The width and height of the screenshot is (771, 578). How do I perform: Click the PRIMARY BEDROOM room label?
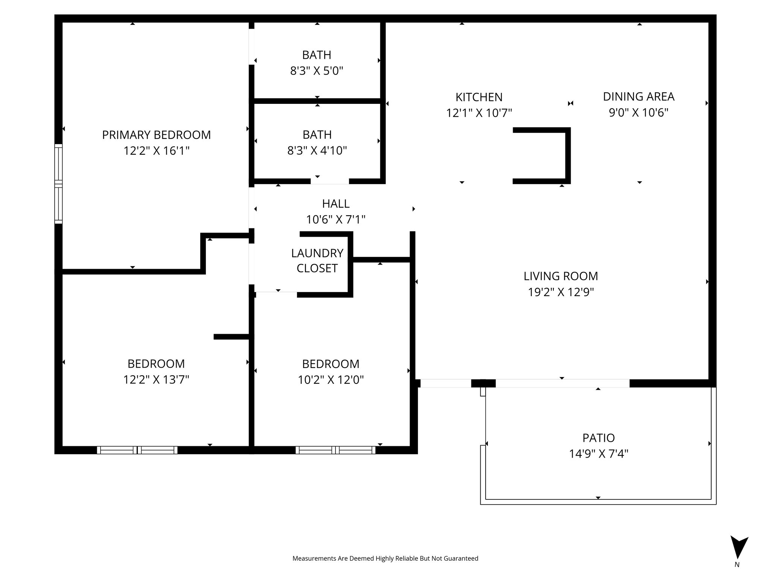(156, 135)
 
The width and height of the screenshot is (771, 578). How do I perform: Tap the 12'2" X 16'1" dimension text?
(156, 151)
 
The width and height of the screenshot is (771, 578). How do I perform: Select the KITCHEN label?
(479, 97)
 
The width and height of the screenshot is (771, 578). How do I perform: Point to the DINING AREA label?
(638, 97)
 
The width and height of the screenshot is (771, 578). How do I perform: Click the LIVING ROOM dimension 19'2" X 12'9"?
(561, 292)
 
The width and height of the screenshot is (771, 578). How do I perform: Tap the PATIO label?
(598, 438)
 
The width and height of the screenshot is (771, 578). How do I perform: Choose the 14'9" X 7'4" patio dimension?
(598, 454)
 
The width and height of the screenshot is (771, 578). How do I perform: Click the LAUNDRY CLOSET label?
(317, 260)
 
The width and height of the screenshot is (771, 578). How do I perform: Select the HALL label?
(335, 204)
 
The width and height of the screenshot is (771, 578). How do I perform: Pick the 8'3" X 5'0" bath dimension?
(317, 71)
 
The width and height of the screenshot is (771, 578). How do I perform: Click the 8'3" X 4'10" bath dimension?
(317, 151)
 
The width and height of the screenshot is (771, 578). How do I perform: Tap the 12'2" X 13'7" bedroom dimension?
(156, 380)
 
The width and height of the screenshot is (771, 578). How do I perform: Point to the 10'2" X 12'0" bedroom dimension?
(331, 380)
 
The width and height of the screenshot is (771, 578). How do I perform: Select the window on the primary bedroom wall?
(58, 184)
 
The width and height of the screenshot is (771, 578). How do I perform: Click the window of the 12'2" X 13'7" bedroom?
(137, 450)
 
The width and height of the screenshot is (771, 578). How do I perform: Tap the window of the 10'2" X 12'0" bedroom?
(335, 450)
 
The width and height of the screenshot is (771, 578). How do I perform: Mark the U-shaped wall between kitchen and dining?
(567, 155)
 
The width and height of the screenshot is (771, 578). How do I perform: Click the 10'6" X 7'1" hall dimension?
(335, 219)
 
